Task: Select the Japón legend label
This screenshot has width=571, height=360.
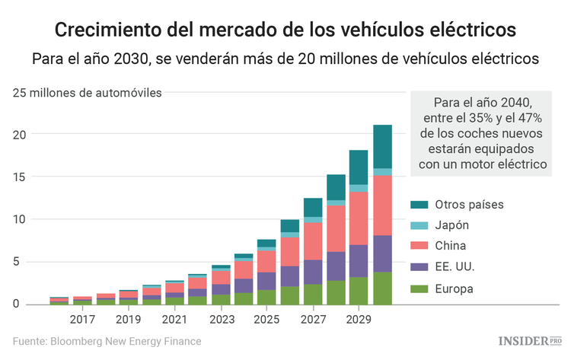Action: tap(452, 225)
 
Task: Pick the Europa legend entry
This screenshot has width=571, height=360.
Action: tap(455, 288)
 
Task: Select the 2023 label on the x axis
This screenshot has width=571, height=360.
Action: tap(221, 320)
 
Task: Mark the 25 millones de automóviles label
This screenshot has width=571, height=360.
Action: tap(86, 94)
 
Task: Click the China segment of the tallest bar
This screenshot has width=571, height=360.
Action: tap(393, 205)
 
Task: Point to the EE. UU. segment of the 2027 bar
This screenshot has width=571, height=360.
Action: tap(313, 272)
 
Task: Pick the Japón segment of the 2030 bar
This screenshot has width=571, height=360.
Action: tap(393, 172)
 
